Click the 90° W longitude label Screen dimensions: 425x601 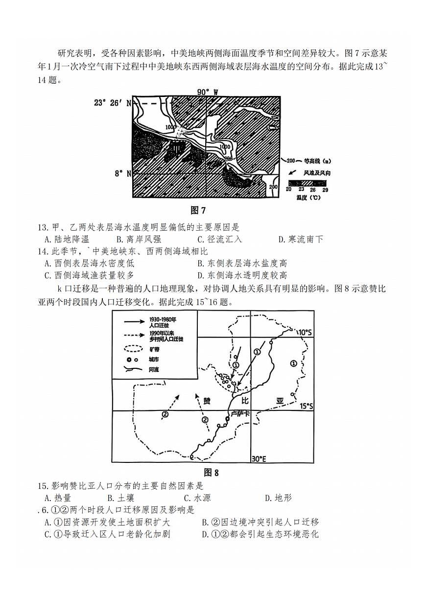click(x=207, y=92)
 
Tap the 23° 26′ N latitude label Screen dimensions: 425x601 click(x=113, y=103)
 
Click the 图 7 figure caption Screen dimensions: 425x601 click(x=198, y=211)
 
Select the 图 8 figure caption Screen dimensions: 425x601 click(x=211, y=473)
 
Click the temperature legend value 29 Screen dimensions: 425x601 click(x=325, y=189)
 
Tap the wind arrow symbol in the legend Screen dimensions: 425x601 click(x=291, y=173)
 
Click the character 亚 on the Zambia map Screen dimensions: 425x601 click(x=280, y=401)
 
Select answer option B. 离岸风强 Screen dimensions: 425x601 click(x=136, y=240)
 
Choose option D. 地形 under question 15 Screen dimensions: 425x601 click(x=278, y=498)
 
